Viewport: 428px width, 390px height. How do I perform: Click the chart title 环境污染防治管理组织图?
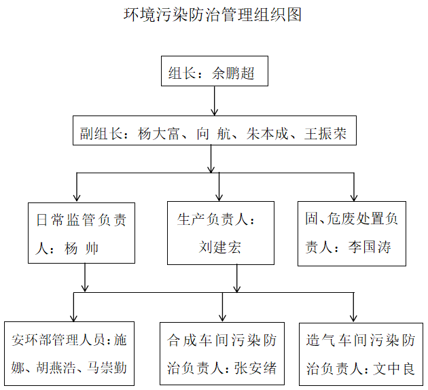point(213,14)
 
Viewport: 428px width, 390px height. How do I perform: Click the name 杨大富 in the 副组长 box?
point(153,134)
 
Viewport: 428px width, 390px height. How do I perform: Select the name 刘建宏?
point(220,246)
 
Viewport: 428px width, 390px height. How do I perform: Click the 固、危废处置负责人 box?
point(351,232)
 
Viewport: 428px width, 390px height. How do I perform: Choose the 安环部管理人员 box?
point(68,354)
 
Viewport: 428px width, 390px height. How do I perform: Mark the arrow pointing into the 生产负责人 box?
point(219,188)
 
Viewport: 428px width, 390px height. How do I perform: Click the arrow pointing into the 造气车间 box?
point(353,307)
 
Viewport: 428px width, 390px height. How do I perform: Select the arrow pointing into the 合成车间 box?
point(222,307)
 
